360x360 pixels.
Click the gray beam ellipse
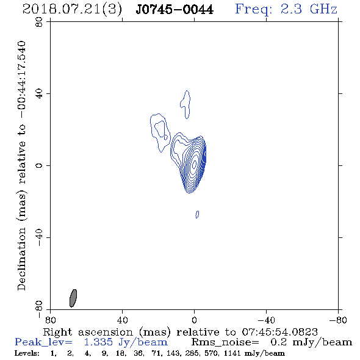click(73, 298)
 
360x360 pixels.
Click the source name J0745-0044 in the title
click(175, 10)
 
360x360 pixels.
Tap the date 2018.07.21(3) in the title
click(72, 10)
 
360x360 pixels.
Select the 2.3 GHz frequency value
click(309, 9)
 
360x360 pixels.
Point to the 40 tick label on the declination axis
click(39, 94)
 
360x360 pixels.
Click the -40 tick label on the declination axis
click(39, 237)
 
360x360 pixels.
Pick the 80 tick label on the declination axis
click(39, 23)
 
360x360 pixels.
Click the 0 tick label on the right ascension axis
click(194, 320)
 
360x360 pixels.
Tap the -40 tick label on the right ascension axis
click(266, 320)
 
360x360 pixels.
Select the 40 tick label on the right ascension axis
click(123, 320)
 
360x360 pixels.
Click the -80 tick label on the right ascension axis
click(338, 320)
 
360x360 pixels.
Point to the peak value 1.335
click(98, 342)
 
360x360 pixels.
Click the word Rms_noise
click(225, 342)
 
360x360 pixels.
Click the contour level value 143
click(172, 353)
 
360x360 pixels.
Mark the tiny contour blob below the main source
click(197, 214)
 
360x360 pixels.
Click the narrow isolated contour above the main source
click(185, 104)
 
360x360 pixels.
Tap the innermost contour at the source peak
click(194, 164)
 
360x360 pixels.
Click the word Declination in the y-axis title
click(21, 259)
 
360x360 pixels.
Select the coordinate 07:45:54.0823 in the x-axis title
click(279, 332)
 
